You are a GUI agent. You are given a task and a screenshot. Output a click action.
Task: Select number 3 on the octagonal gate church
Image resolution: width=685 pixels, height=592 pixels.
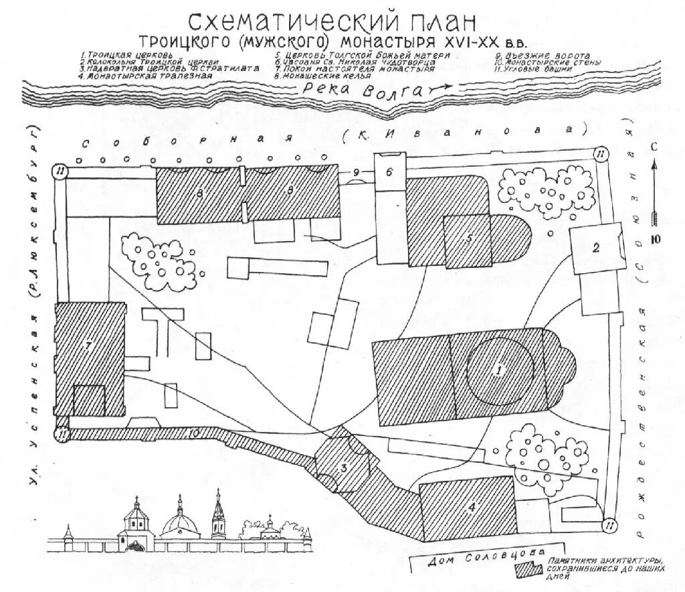point(344,468)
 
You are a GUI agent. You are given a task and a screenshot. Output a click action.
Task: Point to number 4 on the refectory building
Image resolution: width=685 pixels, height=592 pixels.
point(472,507)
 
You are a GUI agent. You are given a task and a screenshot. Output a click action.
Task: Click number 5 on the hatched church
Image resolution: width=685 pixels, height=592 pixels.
point(471,238)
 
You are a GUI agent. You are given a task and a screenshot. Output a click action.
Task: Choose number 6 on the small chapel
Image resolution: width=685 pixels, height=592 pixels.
point(389,171)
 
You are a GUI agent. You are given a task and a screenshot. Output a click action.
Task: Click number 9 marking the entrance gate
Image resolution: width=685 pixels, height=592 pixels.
point(357,173)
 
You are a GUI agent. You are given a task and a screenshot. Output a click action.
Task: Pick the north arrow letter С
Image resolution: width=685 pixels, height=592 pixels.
point(656,147)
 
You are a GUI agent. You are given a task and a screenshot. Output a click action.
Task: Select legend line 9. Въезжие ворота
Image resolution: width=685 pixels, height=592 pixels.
point(543,54)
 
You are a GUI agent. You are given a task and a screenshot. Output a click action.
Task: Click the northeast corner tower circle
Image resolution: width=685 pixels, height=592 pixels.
point(601,155)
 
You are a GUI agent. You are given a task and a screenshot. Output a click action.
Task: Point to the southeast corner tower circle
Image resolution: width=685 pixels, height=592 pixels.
point(610,525)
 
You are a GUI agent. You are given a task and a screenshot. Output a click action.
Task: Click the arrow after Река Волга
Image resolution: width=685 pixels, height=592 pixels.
point(439,88)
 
